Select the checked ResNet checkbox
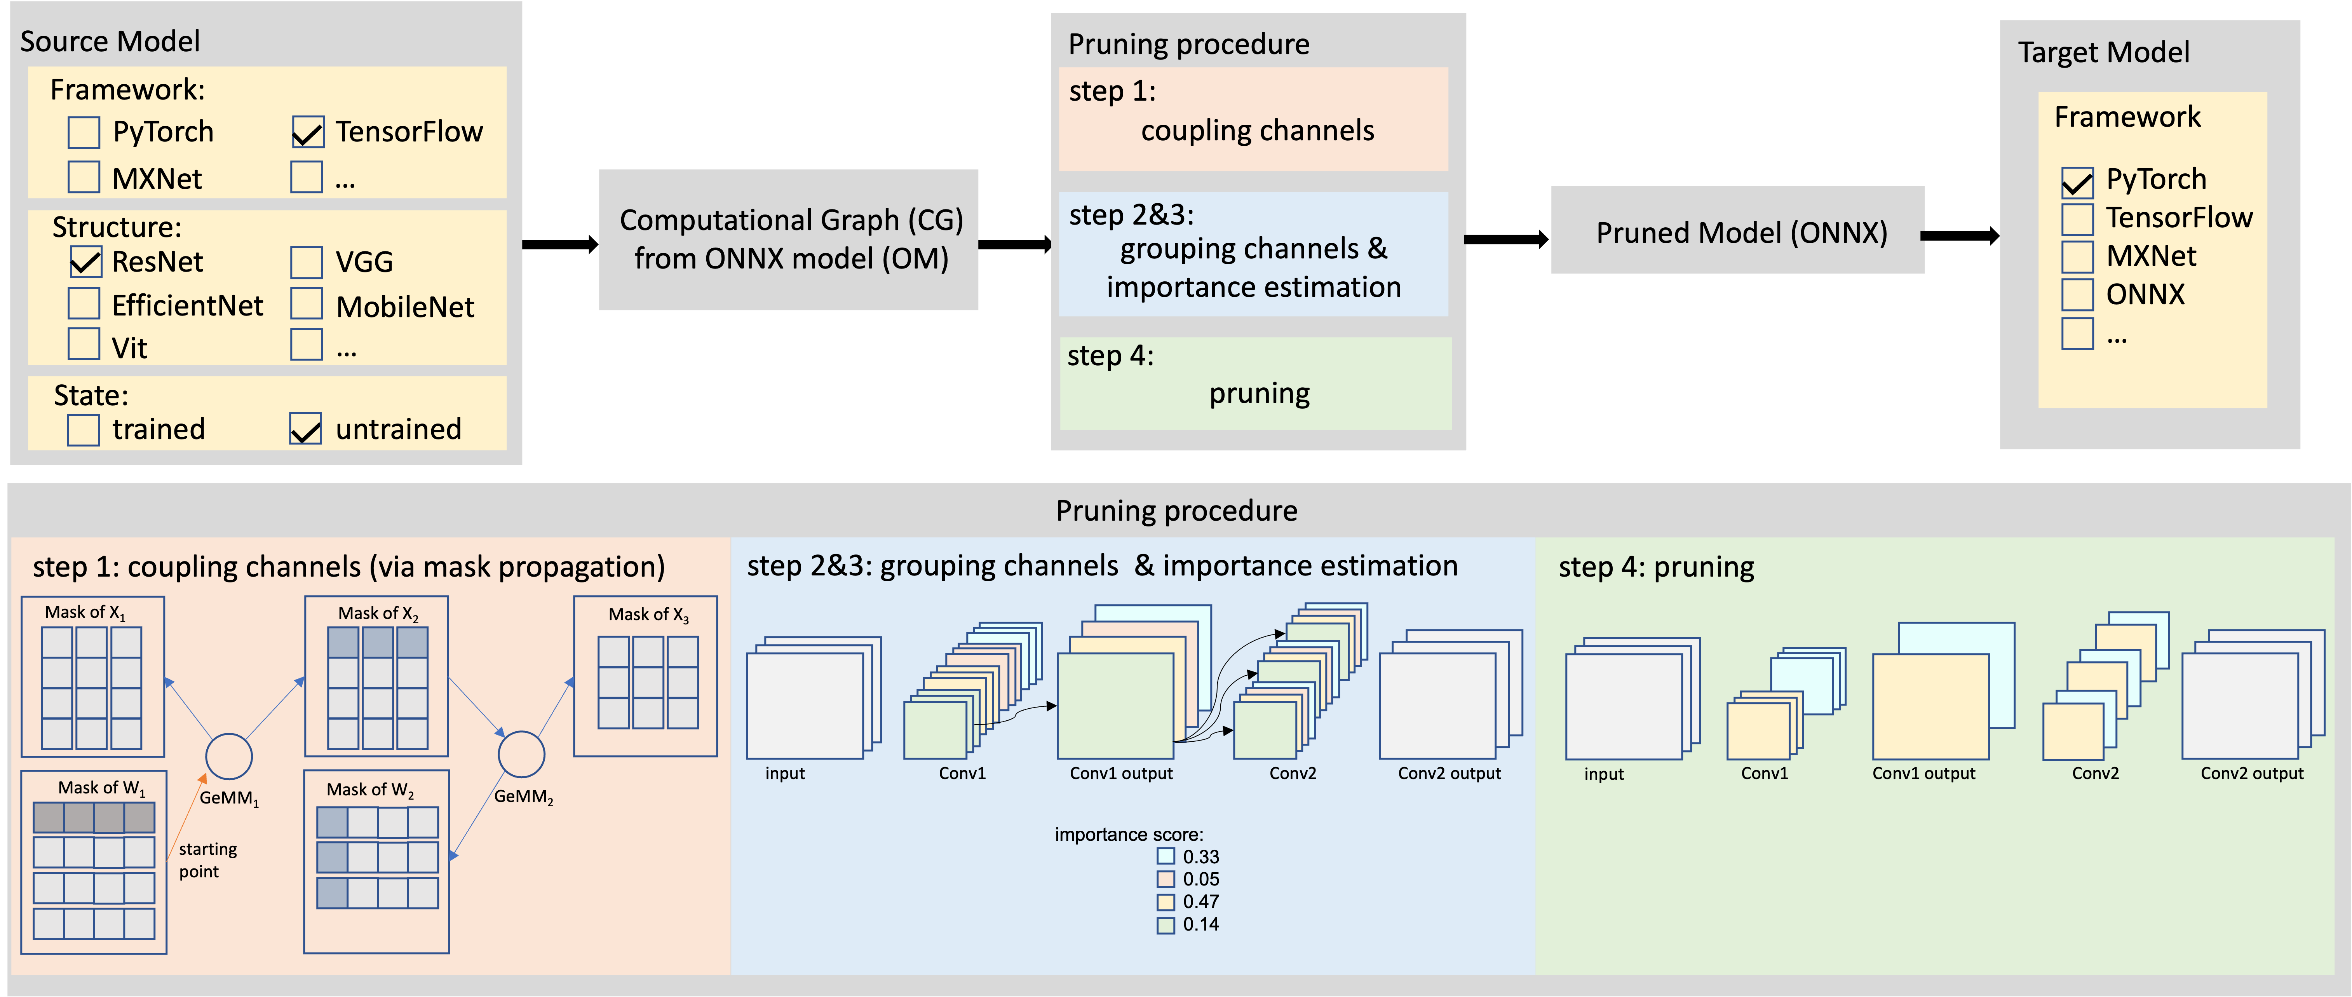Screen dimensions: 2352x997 85,262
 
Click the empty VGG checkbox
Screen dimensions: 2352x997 307,262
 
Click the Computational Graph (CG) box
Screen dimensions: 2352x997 789,239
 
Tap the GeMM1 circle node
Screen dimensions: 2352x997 229,757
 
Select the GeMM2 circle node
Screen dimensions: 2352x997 521,754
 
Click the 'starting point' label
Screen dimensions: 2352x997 207,860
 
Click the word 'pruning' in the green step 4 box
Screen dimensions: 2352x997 1259,394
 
